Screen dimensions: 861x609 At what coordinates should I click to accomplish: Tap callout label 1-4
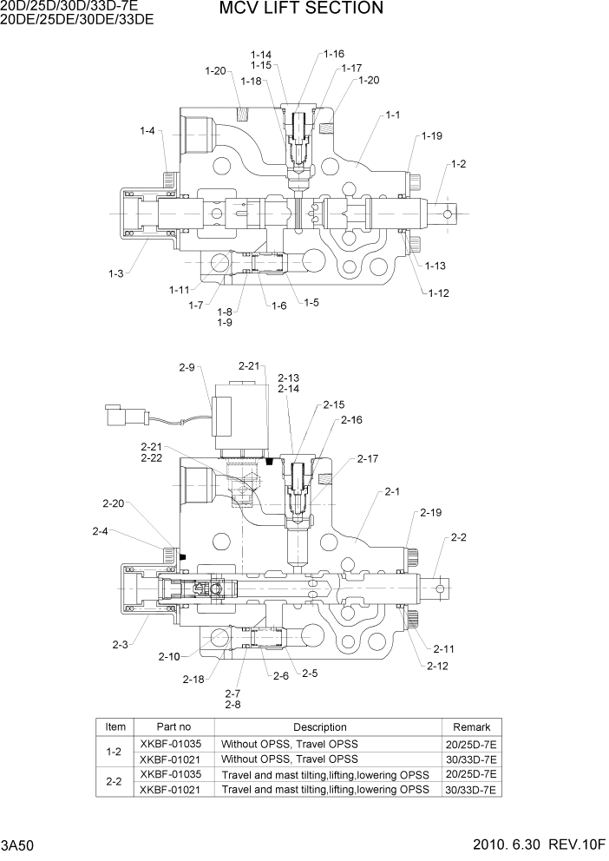point(147,131)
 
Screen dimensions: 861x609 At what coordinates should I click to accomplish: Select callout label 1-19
point(432,136)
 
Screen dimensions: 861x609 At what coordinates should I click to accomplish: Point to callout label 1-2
point(458,164)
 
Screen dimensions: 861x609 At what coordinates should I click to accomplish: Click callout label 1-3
point(116,273)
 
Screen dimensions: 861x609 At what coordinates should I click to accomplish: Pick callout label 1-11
point(179,289)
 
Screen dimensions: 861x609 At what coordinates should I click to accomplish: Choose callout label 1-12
point(438,293)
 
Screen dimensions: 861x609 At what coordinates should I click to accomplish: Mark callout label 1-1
point(393,115)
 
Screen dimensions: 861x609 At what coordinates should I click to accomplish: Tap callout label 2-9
point(187,367)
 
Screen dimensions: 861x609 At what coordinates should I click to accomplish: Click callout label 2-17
point(368,458)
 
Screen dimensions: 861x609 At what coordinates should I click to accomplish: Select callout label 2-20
point(113,503)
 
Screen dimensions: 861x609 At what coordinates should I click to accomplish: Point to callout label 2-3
point(121,644)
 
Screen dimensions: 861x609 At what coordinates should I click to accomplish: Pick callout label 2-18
point(194,679)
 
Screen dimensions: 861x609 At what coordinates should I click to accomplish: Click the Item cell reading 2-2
point(114,781)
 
